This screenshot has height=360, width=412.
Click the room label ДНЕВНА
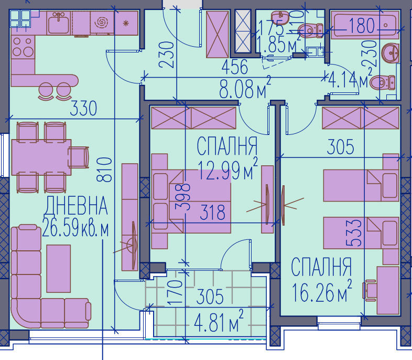coord(77,206)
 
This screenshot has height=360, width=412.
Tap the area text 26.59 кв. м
coord(77,230)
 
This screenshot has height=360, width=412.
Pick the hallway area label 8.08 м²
coord(245,88)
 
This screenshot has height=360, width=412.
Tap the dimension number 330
coord(84,110)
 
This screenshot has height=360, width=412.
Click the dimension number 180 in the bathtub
coord(363,25)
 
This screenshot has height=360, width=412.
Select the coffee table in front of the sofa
coord(58,269)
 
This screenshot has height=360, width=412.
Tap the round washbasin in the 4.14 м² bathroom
coord(390,53)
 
